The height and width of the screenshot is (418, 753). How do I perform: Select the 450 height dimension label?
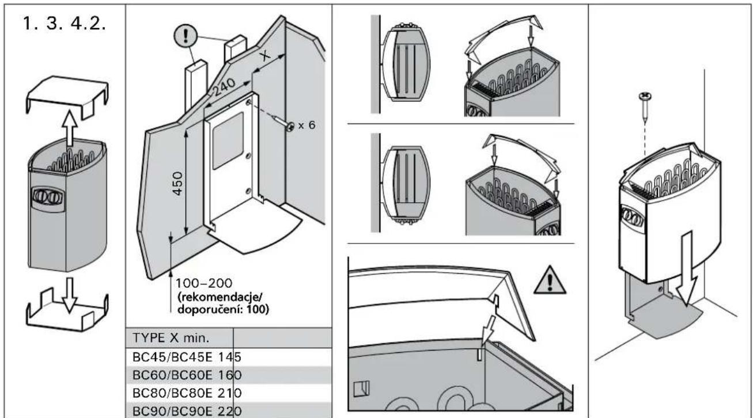(x=179, y=183)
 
